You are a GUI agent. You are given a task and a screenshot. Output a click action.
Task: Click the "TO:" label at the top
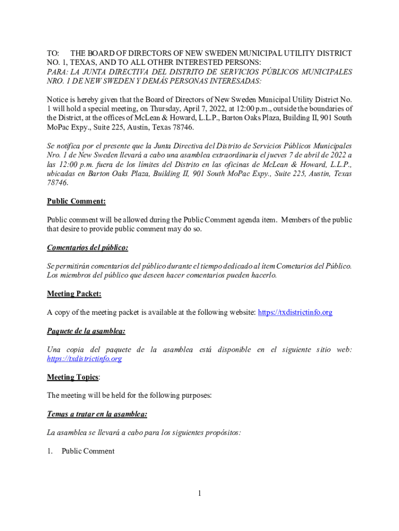click(53, 53)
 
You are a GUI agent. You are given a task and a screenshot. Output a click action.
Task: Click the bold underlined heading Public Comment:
click(76, 201)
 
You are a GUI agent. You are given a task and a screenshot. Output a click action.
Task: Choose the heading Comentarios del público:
click(88, 247)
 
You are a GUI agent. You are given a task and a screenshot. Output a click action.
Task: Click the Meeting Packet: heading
click(74, 294)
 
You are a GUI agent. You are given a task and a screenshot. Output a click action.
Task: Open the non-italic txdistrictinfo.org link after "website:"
click(295, 312)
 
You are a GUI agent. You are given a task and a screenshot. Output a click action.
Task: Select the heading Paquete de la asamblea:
click(86, 331)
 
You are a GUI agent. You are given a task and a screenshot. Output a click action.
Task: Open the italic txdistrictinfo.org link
click(84, 359)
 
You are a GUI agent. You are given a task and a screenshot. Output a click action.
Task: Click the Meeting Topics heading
click(73, 377)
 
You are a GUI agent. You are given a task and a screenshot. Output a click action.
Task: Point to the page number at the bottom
click(198, 494)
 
